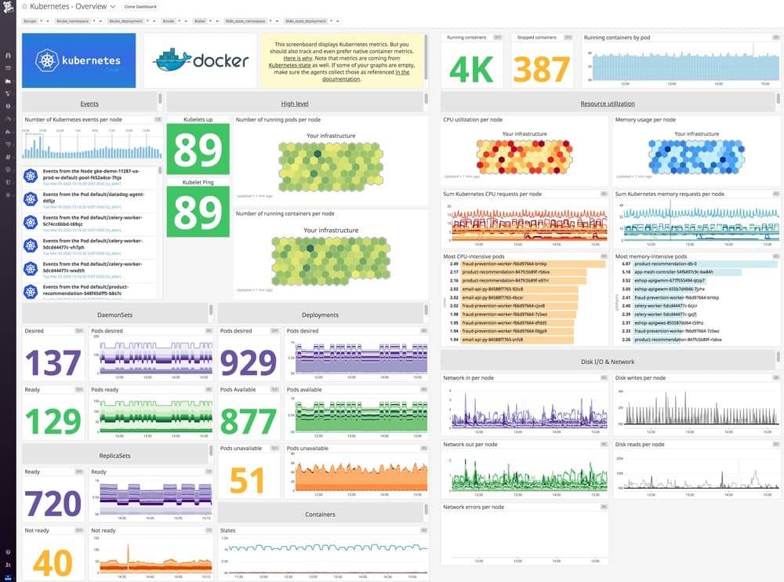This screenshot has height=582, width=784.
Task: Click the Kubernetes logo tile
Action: pos(78,60)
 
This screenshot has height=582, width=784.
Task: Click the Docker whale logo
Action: pos(172,61)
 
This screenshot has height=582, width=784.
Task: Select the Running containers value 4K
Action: pos(471,69)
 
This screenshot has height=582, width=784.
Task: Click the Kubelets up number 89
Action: pos(198,151)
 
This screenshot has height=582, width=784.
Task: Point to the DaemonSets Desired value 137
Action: pos(54,363)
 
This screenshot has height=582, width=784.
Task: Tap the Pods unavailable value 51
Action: pos(248,478)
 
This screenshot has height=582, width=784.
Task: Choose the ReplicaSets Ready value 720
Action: pos(53,503)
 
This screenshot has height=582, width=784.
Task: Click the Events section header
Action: pos(89,103)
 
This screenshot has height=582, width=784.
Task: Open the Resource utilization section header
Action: pos(608,103)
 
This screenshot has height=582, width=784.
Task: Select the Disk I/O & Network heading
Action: pos(608,362)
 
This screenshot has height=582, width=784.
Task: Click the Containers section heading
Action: pos(320,515)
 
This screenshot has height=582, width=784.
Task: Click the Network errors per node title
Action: pos(474,507)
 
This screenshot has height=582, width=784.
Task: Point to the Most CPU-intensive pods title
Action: pos(473,256)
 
